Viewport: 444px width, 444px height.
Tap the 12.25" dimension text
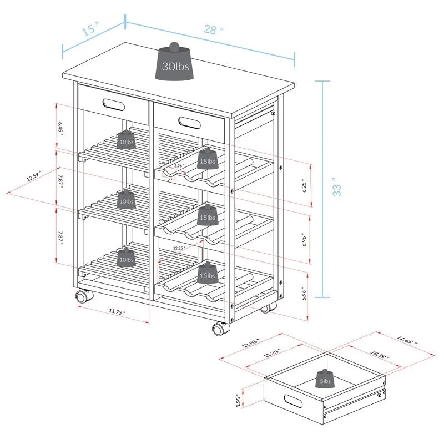click(179, 248)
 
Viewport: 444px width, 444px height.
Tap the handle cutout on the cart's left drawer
click(113, 104)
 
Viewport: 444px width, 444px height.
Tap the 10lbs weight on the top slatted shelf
click(127, 140)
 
